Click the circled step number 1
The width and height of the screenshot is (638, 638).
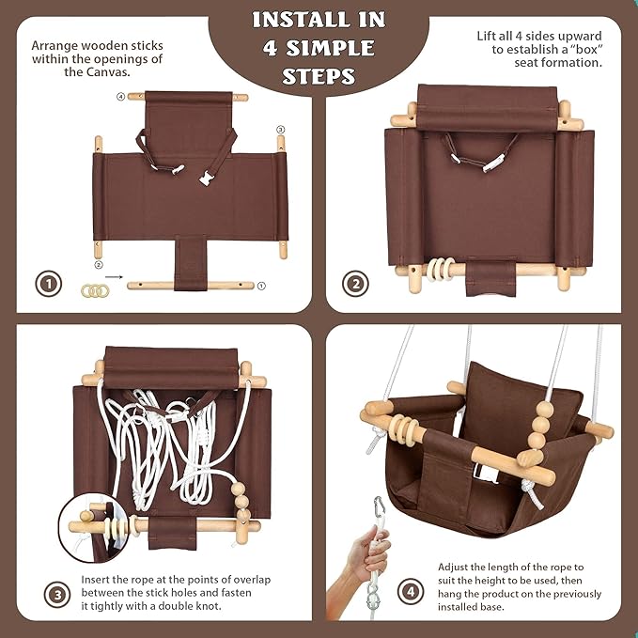49,284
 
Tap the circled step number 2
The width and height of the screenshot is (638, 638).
355,284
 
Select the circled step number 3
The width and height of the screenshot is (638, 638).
57,594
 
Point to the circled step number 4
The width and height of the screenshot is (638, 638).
411,591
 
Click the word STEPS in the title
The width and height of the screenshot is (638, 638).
319,76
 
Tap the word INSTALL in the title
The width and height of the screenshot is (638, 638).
298,20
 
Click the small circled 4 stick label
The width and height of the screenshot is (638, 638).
120,97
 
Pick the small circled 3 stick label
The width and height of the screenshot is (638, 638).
280,130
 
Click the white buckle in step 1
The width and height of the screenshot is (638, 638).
206,178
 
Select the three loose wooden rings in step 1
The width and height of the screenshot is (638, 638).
95,290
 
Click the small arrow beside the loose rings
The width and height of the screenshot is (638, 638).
114,277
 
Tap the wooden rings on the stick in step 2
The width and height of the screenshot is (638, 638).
440,269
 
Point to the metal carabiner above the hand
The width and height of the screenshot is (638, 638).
380,507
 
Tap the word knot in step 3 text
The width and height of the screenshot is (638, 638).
209,606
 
